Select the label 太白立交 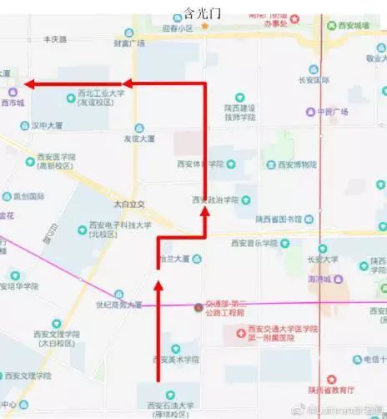pyautogui.click(x=129, y=203)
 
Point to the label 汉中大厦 pyautogui.click(x=47, y=126)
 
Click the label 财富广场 pyautogui.click(x=129, y=43)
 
